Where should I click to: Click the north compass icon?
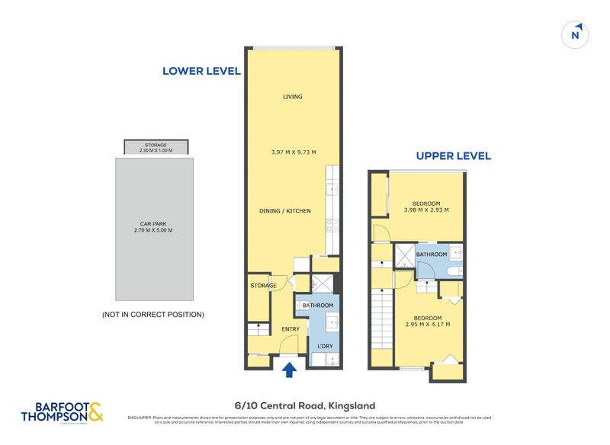click(x=576, y=34)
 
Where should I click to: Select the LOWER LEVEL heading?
click(x=201, y=71)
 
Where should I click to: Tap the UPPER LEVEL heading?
click(x=453, y=156)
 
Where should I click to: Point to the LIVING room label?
click(x=292, y=97)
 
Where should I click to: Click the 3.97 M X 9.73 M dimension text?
click(x=292, y=152)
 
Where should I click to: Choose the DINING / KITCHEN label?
click(x=286, y=210)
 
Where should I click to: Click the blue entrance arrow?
click(x=289, y=370)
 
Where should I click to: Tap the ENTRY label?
click(x=291, y=329)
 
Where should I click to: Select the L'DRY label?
click(x=326, y=347)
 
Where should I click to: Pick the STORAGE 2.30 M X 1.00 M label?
click(x=156, y=147)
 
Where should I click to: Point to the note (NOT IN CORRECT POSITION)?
click(x=152, y=314)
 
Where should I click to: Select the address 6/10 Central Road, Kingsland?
click(x=304, y=405)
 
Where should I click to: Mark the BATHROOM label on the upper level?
click(x=431, y=255)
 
